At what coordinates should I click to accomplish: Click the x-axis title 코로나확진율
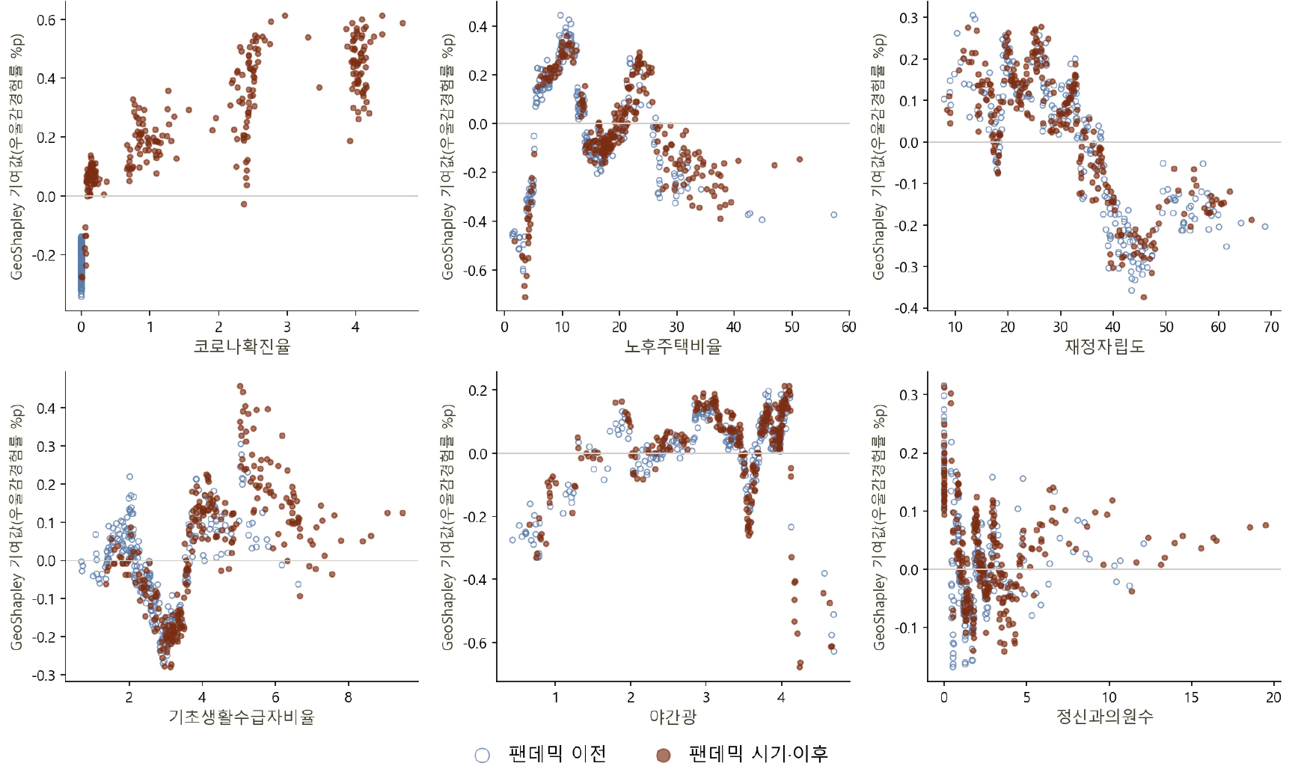pyautogui.click(x=242, y=346)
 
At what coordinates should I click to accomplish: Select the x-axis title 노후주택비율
pyautogui.click(x=673, y=346)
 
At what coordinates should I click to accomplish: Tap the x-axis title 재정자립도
pyautogui.click(x=1104, y=346)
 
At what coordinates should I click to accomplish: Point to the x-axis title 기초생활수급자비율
pyautogui.click(x=242, y=717)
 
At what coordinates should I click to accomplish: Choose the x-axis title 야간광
pyautogui.click(x=673, y=717)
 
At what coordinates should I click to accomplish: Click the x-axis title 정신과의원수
pyautogui.click(x=1104, y=717)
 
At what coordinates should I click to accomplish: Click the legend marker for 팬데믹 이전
pyautogui.click(x=483, y=755)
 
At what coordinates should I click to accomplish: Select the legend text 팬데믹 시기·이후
pyautogui.click(x=759, y=753)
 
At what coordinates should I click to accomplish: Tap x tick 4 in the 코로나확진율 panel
pyautogui.click(x=355, y=327)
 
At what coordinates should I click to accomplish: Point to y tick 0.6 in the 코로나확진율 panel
pyautogui.click(x=46, y=20)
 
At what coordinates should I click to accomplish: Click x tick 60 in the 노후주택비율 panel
pyautogui.click(x=849, y=327)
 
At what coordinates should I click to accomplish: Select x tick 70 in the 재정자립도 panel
pyautogui.click(x=1271, y=327)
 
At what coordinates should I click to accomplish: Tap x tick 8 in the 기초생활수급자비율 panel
pyautogui.click(x=348, y=697)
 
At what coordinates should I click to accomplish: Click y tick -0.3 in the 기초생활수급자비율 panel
pyautogui.click(x=43, y=675)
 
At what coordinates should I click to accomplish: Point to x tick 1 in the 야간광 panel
pyautogui.click(x=555, y=697)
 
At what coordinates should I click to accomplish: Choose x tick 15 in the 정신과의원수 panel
pyautogui.click(x=1191, y=697)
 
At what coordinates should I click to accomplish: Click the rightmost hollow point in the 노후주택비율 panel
pyautogui.click(x=833, y=215)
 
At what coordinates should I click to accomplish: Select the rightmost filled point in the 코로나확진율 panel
pyautogui.click(x=402, y=23)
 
